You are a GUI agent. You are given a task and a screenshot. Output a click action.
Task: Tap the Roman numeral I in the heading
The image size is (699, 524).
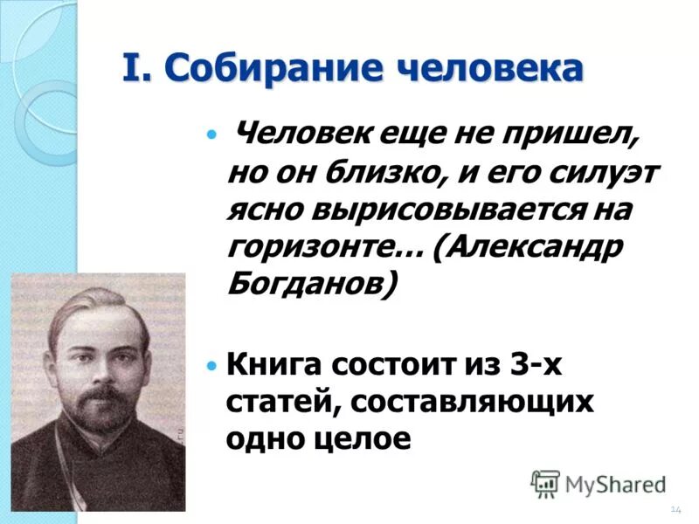coord(130,69)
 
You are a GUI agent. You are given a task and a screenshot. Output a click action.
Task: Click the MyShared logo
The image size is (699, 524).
coord(599,483)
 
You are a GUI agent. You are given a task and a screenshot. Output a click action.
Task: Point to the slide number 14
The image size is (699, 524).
coord(675,509)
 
